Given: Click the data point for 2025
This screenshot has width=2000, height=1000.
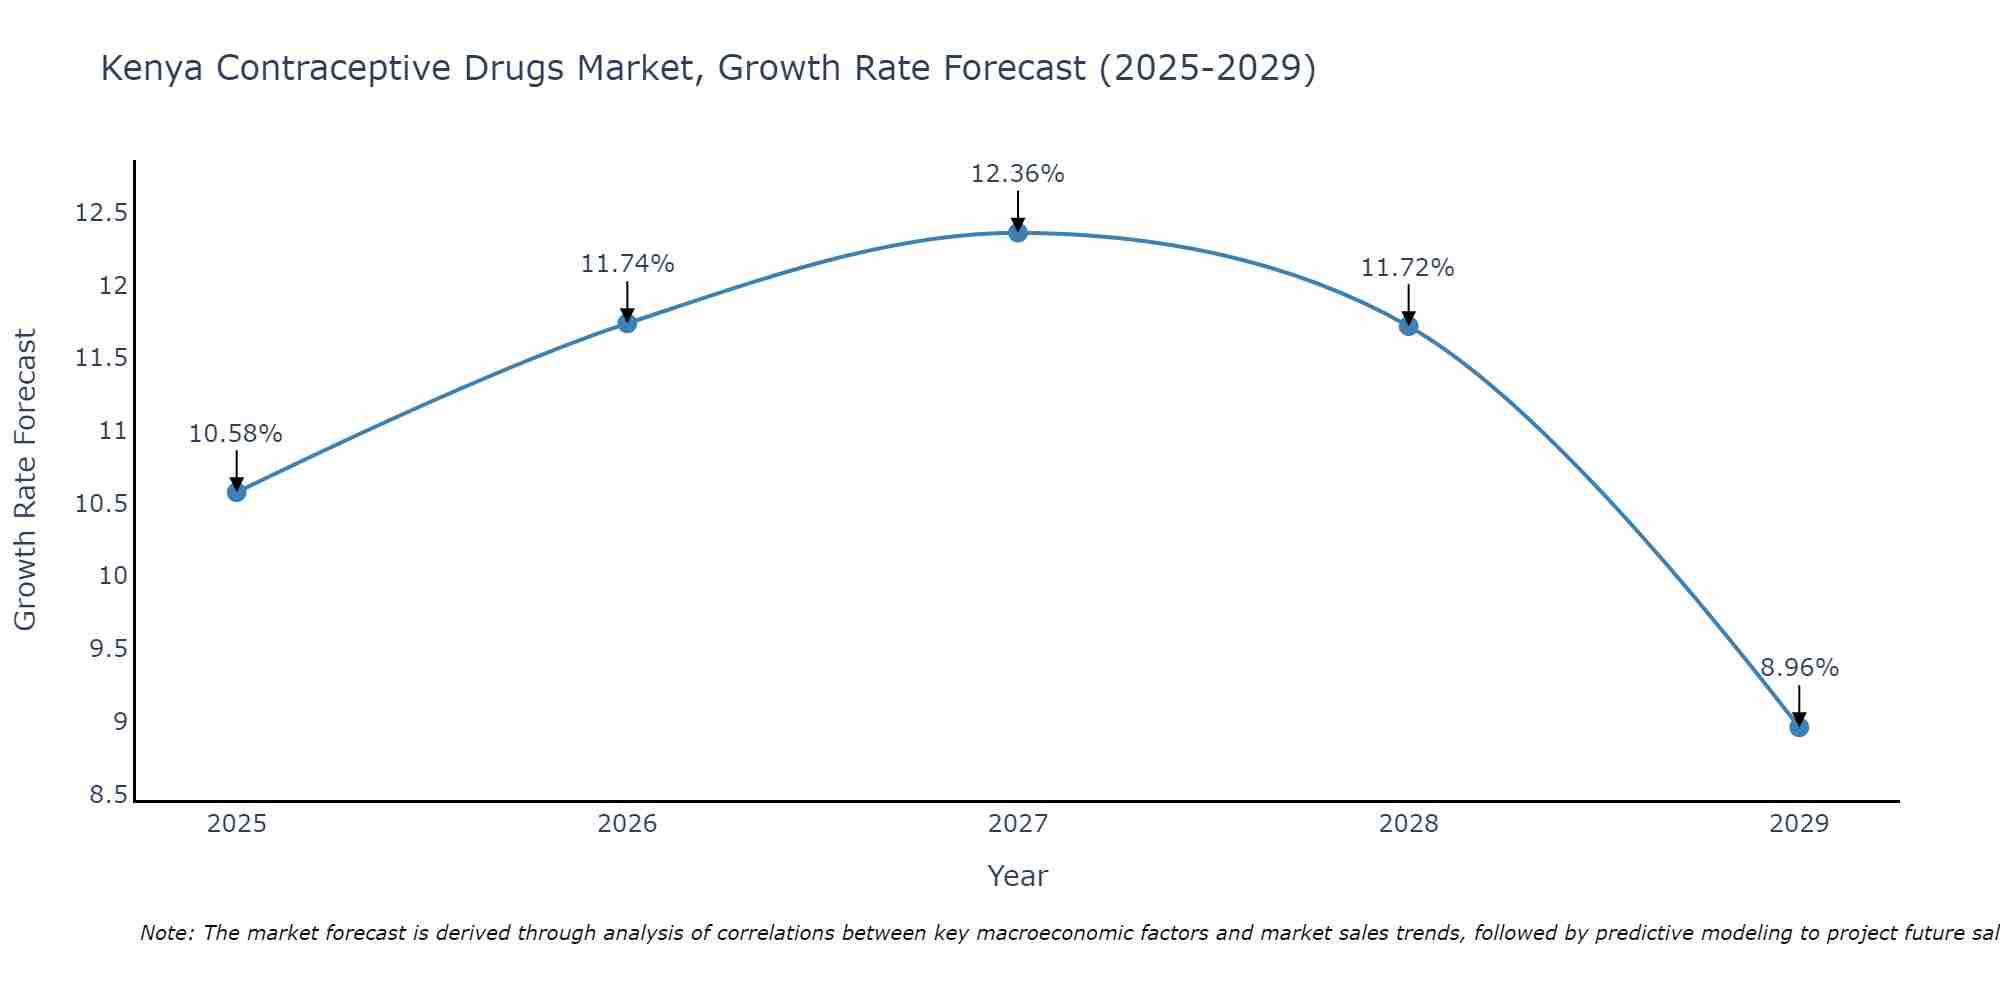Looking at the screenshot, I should pos(237,492).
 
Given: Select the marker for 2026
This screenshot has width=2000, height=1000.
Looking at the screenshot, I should pos(627,323).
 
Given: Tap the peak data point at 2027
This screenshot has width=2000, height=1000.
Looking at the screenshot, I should pos(1018,233).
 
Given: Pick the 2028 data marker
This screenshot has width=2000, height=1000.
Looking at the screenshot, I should pos(1408,326).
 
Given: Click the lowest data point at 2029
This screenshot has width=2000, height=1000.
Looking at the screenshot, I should pos(1799,727).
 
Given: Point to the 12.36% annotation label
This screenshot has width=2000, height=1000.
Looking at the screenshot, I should pos(1018,174).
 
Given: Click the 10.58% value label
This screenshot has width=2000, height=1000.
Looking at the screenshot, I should pos(236,434).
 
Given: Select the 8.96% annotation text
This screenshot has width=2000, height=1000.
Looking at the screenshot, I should pos(1799,668).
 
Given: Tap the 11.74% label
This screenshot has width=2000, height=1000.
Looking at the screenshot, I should pos(627,264).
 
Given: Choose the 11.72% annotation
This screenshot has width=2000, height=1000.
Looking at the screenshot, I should pos(1407,268).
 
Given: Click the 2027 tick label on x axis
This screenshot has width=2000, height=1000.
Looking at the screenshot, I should pos(1018,824).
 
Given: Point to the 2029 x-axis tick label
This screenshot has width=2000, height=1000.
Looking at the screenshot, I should pos(1799,824).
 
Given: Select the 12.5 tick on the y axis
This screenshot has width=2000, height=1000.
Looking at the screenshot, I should pos(102,213).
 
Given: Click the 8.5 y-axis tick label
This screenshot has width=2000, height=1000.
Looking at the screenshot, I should pos(108,795).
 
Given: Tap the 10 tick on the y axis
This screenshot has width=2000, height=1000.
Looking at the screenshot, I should pos(113,576).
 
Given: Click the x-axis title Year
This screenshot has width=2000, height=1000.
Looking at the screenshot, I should pos(1018,876).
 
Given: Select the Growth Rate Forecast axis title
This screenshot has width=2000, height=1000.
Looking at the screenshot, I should pos(25,479).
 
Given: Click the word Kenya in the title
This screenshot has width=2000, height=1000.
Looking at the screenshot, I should pos(152,68).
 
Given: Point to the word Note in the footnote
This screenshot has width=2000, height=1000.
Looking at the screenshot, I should pos(166,933).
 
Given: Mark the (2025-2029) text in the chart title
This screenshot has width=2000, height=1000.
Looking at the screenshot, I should pos(1207,68).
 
